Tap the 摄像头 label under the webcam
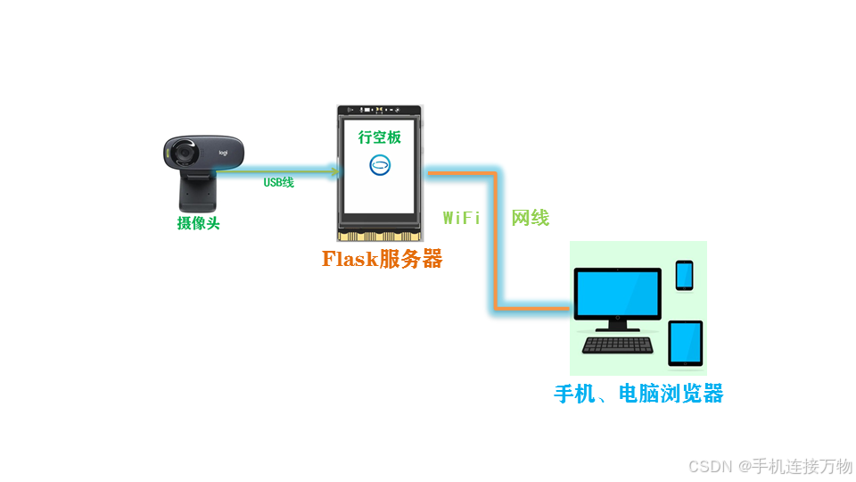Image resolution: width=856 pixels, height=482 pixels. click(x=198, y=223)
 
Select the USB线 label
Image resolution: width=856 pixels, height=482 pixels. click(x=278, y=183)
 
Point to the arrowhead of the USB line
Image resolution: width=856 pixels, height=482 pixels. click(x=336, y=170)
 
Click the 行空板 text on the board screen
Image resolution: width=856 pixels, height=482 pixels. click(x=380, y=137)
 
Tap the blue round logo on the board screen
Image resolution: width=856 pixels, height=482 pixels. click(x=381, y=165)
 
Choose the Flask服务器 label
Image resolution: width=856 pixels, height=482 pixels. click(x=382, y=260)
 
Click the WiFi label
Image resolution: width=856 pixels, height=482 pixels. click(x=462, y=218)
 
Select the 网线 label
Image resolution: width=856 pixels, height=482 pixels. click(x=530, y=218)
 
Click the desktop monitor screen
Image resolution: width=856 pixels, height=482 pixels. click(x=617, y=293)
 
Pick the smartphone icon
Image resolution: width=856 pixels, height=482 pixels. click(x=684, y=275)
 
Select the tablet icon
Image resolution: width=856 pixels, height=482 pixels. click(x=685, y=343)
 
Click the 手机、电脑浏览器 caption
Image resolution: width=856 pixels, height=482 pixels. click(x=638, y=394)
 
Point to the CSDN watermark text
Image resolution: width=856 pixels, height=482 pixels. click(x=771, y=466)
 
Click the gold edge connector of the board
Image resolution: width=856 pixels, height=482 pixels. click(x=381, y=237)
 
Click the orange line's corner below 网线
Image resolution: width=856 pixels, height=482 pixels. click(x=492, y=309)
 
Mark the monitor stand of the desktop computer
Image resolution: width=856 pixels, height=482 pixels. click(x=617, y=325)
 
